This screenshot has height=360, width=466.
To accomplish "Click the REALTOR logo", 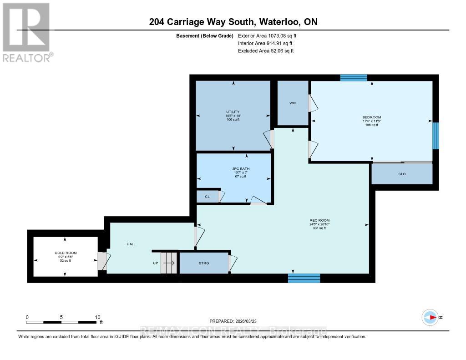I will [x=26, y=32].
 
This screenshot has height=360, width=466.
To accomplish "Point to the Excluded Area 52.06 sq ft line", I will [x=266, y=51].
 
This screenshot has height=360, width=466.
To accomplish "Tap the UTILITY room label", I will [x=233, y=112].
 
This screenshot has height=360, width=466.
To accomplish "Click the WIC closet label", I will [x=293, y=103].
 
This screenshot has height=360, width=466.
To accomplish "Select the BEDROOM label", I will [x=372, y=117].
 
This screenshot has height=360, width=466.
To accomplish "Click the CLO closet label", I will [x=402, y=174].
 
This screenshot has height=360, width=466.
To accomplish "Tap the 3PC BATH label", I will [x=241, y=169].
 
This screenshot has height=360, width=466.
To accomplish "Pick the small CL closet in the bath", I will [x=207, y=197].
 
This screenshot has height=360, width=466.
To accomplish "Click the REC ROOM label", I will [x=319, y=221].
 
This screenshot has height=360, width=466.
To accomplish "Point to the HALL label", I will [x=132, y=244].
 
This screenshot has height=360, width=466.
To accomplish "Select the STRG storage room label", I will [x=203, y=263].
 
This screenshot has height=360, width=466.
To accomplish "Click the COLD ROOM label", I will [x=66, y=253].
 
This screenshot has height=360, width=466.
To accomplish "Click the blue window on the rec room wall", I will [x=304, y=278].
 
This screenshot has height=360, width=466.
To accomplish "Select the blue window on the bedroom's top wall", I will [x=354, y=77].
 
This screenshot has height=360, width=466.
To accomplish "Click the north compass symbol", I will [x=430, y=317].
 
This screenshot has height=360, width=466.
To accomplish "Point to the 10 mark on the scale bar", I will [x=97, y=317].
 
